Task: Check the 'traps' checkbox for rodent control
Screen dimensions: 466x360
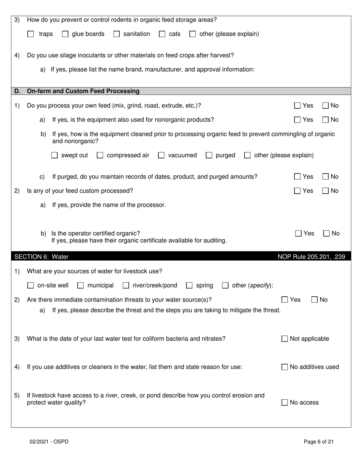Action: (x=31, y=34)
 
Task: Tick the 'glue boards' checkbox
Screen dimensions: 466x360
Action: (x=65, y=34)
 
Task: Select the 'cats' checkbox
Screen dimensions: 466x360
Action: (x=162, y=34)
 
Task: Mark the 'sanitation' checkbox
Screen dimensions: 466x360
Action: (x=117, y=34)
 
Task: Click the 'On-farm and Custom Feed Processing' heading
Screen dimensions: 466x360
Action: (x=83, y=91)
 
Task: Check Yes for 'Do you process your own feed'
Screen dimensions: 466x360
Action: (x=298, y=106)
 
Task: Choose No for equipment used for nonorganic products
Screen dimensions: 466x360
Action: (x=326, y=120)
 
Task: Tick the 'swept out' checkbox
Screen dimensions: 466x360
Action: (x=55, y=155)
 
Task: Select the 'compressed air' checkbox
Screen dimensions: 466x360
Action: (x=100, y=155)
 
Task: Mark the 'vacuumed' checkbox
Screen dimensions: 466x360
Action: (x=161, y=155)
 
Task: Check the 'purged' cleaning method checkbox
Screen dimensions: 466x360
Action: (x=209, y=155)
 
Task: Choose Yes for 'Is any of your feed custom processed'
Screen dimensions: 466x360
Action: (x=298, y=191)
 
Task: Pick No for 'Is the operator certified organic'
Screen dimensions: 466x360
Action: (x=327, y=234)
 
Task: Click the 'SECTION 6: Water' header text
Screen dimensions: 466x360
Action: (x=41, y=257)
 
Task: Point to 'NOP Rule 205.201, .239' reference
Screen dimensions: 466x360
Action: (x=311, y=257)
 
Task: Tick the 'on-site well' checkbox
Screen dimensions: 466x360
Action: (x=31, y=286)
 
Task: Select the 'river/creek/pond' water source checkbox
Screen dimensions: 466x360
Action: (x=126, y=286)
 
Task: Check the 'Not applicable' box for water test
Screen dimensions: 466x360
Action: (x=285, y=339)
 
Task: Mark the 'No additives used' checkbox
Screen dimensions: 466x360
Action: (x=285, y=367)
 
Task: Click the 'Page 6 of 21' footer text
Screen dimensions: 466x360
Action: (x=319, y=441)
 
